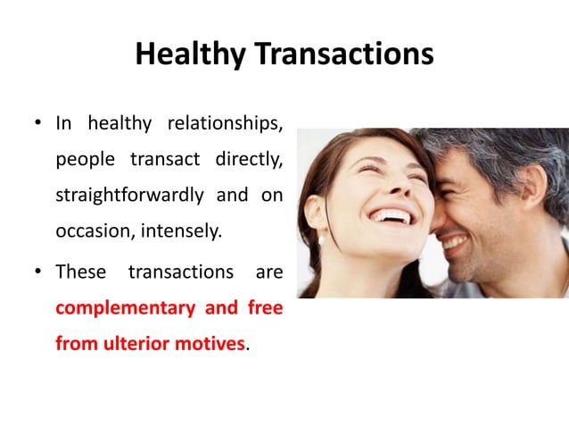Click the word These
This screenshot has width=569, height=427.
[x=80, y=271]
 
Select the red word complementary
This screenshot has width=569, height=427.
[x=125, y=308]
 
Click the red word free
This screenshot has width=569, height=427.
[x=264, y=308]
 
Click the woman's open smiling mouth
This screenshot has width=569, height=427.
[x=392, y=216]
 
